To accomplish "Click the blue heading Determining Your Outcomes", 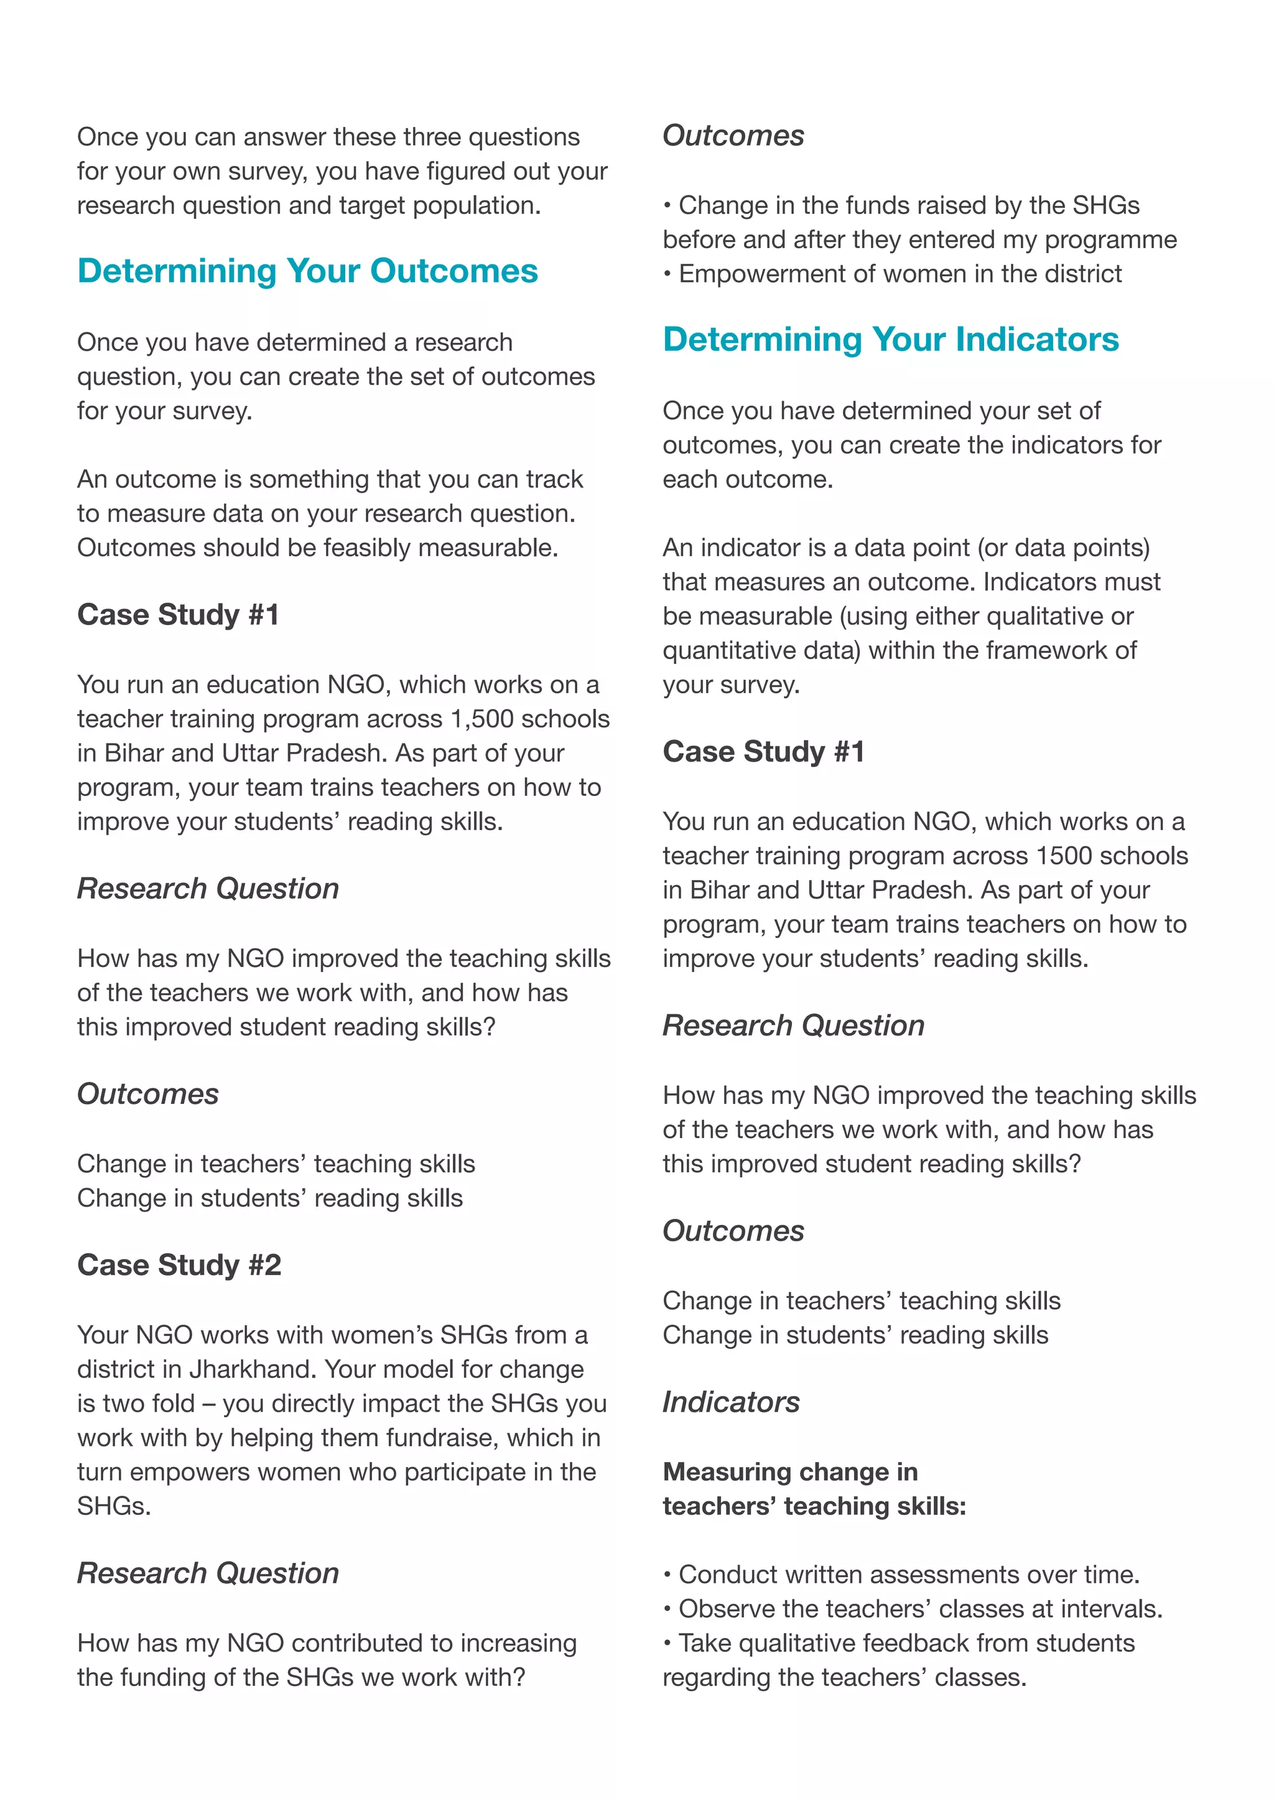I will coord(307,271).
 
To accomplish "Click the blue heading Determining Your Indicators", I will coord(890,340).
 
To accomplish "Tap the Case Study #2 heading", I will coord(179,1266).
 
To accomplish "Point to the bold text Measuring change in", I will coord(790,1473).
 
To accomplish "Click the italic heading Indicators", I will coord(730,1402).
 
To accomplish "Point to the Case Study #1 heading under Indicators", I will coord(763,752).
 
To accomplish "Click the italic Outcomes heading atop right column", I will coord(733,136).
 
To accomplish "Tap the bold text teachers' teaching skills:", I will coord(814,1507).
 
